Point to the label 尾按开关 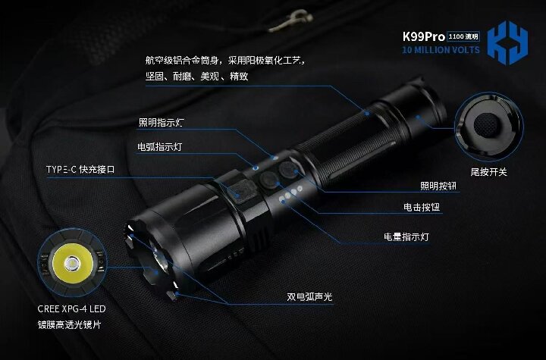tap(488, 172)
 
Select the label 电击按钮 tap(422, 206)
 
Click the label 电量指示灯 tap(406, 236)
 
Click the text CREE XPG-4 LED tap(74, 309)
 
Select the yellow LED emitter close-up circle tap(72, 264)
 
